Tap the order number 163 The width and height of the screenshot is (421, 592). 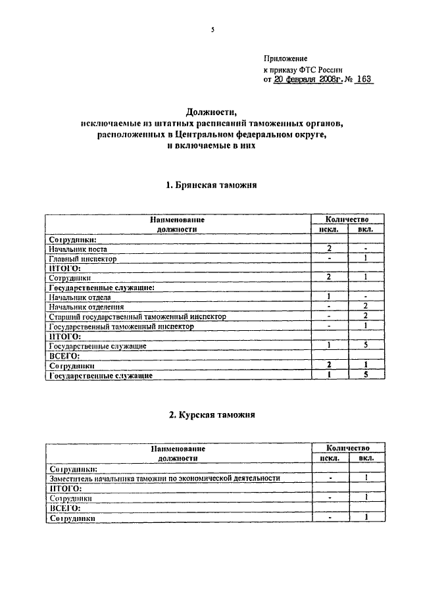361,79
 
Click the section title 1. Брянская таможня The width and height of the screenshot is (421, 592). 210,186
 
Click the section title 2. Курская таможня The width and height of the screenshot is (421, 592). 210,415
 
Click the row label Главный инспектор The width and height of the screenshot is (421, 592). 83,259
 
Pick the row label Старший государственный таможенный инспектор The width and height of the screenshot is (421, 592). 138,316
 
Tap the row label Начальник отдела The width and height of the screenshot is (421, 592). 80,298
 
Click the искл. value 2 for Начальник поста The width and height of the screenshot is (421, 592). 328,249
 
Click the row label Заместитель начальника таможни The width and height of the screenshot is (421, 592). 164,479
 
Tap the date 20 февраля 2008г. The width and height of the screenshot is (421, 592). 307,79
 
